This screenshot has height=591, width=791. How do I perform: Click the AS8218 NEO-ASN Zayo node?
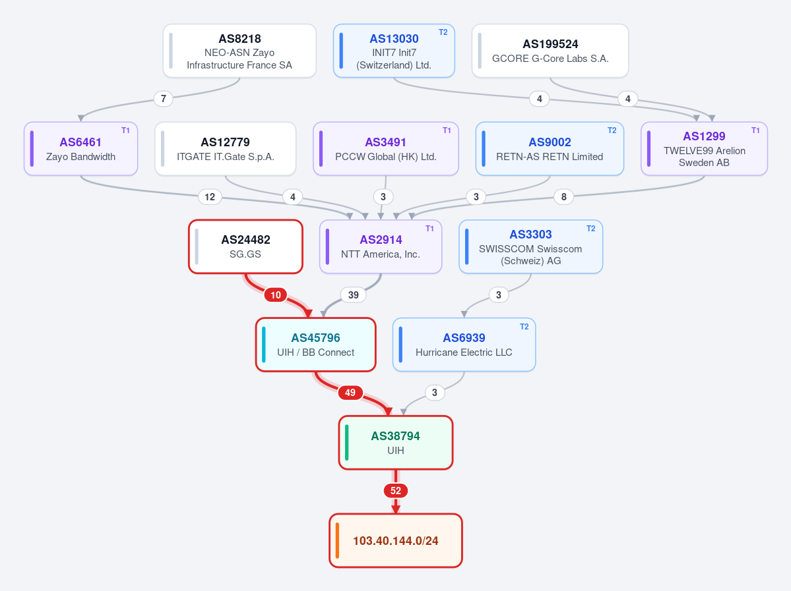click(x=239, y=51)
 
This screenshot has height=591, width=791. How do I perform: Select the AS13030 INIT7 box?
click(x=394, y=51)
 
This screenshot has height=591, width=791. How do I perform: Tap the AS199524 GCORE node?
click(x=550, y=51)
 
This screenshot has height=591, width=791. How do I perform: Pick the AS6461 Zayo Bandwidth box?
click(x=80, y=149)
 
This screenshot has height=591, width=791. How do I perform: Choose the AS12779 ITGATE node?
click(x=226, y=149)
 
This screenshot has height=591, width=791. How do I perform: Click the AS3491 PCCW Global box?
click(x=386, y=149)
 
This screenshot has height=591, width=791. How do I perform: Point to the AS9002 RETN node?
click(x=550, y=149)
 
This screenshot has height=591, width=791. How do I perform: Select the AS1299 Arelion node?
click(x=704, y=149)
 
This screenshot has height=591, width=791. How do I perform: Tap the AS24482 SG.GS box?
click(x=245, y=247)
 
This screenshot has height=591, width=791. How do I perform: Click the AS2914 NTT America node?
click(x=381, y=247)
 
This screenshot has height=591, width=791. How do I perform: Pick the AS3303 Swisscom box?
click(x=530, y=247)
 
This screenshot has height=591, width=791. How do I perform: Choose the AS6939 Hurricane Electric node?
click(x=464, y=345)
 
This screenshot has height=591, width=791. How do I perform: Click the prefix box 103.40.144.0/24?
click(x=396, y=541)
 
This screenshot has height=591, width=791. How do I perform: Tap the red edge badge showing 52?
click(x=396, y=491)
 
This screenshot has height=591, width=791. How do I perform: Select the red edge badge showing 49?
click(x=350, y=393)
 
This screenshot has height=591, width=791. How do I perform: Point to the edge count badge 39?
click(x=354, y=295)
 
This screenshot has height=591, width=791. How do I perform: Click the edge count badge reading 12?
click(x=210, y=196)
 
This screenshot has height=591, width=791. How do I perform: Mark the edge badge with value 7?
click(x=164, y=99)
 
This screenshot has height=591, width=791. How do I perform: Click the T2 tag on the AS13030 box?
click(x=443, y=32)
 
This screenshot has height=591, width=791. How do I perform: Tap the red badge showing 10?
click(x=276, y=295)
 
